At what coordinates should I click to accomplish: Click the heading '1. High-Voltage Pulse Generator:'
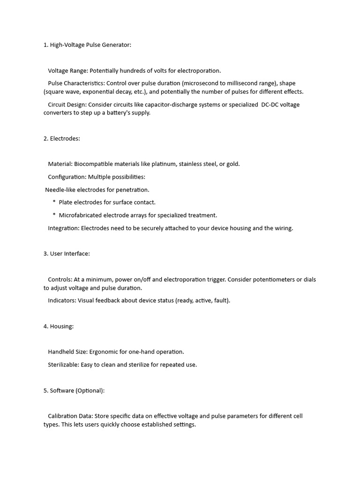pyautogui.click(x=88, y=45)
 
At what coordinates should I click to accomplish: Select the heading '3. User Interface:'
pyautogui.click(x=67, y=254)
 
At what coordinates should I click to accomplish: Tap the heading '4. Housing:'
pyautogui.click(x=59, y=326)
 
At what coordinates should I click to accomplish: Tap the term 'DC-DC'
pyautogui.click(x=270, y=105)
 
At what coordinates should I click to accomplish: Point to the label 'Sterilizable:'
pyautogui.click(x=64, y=365)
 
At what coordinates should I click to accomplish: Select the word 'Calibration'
pyautogui.click(x=64, y=416)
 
